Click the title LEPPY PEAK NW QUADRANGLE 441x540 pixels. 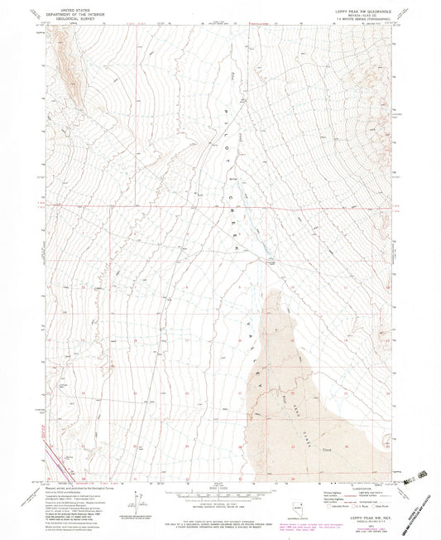[364, 6]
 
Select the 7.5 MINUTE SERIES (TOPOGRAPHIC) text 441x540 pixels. [364, 16]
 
